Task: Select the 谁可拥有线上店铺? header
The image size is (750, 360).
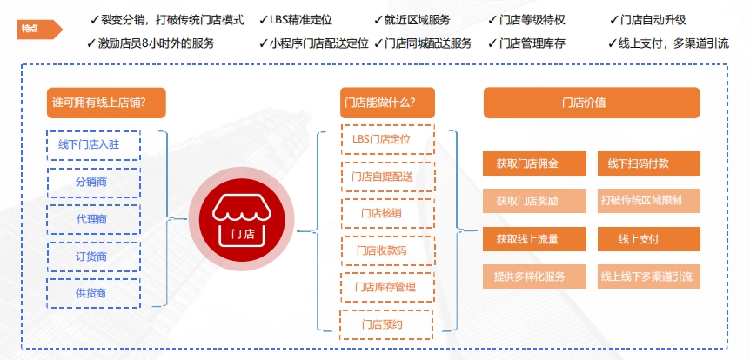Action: tap(106, 103)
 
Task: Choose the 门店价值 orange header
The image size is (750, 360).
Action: tap(592, 103)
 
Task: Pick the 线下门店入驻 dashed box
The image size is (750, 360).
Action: tap(94, 144)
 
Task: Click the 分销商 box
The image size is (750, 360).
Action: tap(94, 182)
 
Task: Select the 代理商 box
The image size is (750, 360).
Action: tap(94, 219)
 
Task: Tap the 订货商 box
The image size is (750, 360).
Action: tap(94, 257)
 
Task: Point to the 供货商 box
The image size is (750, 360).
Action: tap(94, 294)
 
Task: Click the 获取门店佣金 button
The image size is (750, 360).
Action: tap(527, 163)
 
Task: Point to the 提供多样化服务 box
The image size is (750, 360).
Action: tap(527, 277)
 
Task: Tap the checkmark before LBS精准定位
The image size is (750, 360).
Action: tap(264, 19)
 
